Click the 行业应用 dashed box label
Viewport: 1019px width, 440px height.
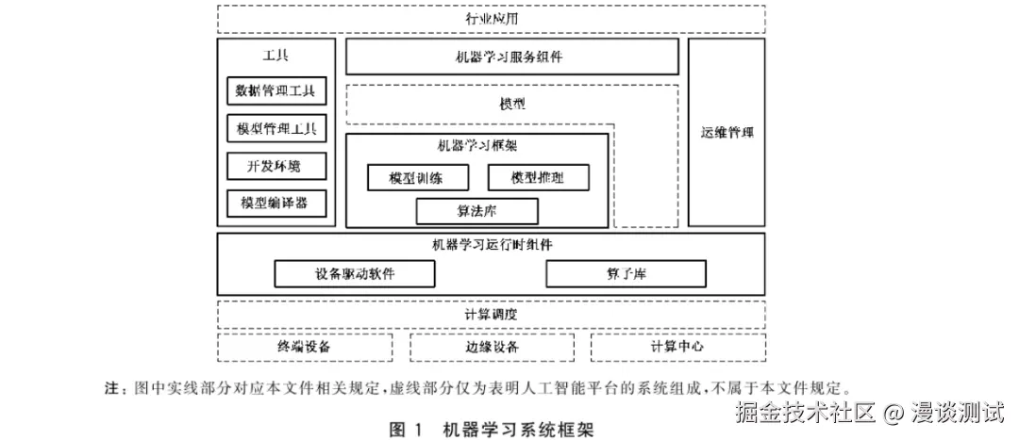coord(492,19)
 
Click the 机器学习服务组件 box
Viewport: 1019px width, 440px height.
coord(512,57)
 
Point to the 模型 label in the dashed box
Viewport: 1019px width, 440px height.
coord(512,103)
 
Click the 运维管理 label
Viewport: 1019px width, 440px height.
coord(727,132)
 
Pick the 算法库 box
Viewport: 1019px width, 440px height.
coord(476,210)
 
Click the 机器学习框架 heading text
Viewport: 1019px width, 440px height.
coord(477,146)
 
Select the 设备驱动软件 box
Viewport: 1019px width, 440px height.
coord(355,273)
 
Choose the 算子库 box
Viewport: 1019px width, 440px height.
coord(626,273)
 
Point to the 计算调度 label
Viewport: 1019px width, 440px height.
coord(492,313)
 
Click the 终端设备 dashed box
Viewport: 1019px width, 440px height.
coord(304,347)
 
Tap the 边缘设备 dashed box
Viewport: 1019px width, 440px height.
coord(492,347)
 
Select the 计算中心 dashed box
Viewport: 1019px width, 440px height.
coord(677,347)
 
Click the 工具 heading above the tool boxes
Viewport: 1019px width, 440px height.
coord(276,55)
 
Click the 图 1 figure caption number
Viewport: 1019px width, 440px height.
coord(407,430)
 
